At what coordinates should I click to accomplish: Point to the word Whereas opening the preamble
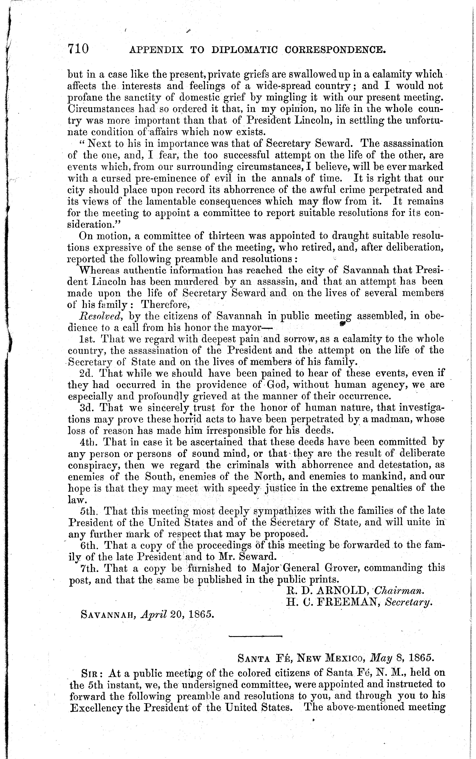tap(99, 270)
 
